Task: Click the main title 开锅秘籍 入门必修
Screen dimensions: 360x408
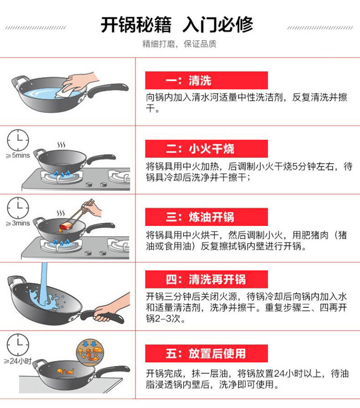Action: point(177,25)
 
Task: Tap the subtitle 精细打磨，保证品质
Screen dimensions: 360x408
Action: point(179,44)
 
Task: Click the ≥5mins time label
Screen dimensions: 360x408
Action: point(18,155)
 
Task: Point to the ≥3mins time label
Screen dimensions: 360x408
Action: point(18,223)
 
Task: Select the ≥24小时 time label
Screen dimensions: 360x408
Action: point(18,361)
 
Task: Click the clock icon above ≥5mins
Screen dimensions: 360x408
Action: point(18,140)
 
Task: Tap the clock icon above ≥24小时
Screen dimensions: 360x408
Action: point(18,345)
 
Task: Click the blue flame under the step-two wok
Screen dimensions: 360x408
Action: point(62,174)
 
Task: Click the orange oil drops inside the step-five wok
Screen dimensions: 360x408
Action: point(65,372)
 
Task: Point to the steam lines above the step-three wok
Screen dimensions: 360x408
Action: point(61,213)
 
